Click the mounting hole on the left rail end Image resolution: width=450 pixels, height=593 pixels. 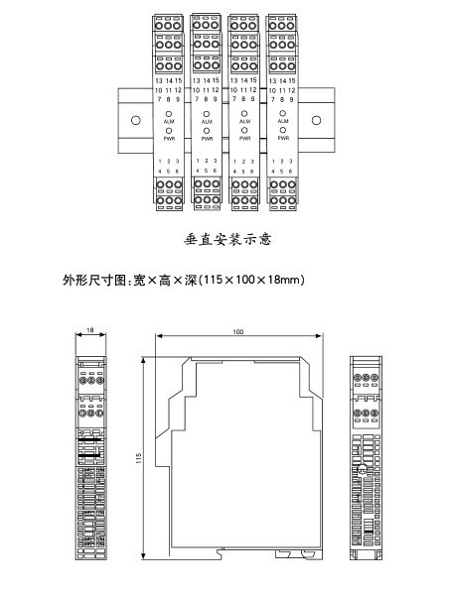click(x=135, y=120)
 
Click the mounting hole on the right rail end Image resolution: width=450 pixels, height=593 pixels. click(x=316, y=120)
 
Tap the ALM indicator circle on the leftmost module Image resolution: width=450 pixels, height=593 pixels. click(x=169, y=114)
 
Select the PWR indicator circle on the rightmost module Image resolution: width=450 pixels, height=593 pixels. click(x=282, y=130)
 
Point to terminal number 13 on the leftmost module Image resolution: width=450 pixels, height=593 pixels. click(x=159, y=80)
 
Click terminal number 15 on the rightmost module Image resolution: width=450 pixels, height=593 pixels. click(x=292, y=80)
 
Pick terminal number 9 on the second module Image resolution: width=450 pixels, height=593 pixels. click(x=215, y=99)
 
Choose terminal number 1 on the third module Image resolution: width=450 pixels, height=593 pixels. click(x=234, y=162)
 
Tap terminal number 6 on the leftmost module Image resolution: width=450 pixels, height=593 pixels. click(x=177, y=171)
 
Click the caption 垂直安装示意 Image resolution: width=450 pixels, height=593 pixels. click(x=228, y=239)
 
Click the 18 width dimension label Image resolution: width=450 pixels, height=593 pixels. click(x=90, y=330)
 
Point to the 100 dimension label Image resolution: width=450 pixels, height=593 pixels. click(x=237, y=331)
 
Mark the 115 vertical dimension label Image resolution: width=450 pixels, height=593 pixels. click(x=139, y=459)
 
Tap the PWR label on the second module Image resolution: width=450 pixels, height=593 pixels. click(x=207, y=139)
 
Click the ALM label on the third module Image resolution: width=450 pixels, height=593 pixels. click(x=244, y=121)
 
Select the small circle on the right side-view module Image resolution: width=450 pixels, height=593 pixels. click(x=363, y=470)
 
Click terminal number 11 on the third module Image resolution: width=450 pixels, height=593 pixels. click(x=243, y=90)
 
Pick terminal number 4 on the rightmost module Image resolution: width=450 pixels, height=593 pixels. click(x=273, y=171)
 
